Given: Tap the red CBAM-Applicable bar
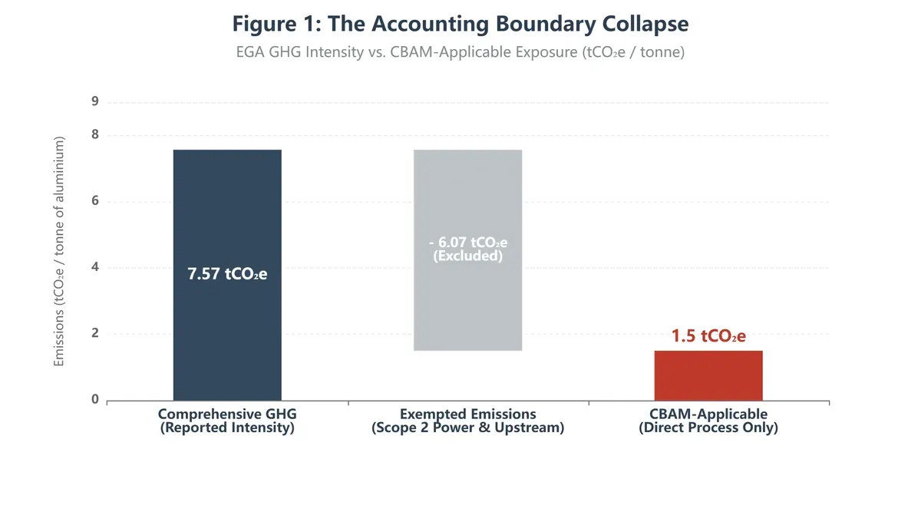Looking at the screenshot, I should coord(708,375).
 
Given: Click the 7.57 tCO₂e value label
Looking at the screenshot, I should coord(227,274).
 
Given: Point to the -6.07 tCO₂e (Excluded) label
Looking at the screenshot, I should coord(467,249).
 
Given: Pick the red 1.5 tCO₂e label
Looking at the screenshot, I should coord(708,335).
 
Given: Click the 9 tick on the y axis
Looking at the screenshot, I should coord(95,102).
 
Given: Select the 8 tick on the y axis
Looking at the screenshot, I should coord(95,135).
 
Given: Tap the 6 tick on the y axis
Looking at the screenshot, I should coord(95,201).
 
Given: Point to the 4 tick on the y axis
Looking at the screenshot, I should coord(95,267).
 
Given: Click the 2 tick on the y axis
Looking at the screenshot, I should coord(95,333).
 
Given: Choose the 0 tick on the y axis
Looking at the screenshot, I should coord(95,399).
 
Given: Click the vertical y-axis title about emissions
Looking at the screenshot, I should coord(59,251).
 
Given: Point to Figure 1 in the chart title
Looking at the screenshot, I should coord(274,24).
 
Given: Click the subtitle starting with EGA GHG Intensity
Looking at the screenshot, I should coord(460,53).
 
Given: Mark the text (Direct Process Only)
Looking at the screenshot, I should coord(708,428).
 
